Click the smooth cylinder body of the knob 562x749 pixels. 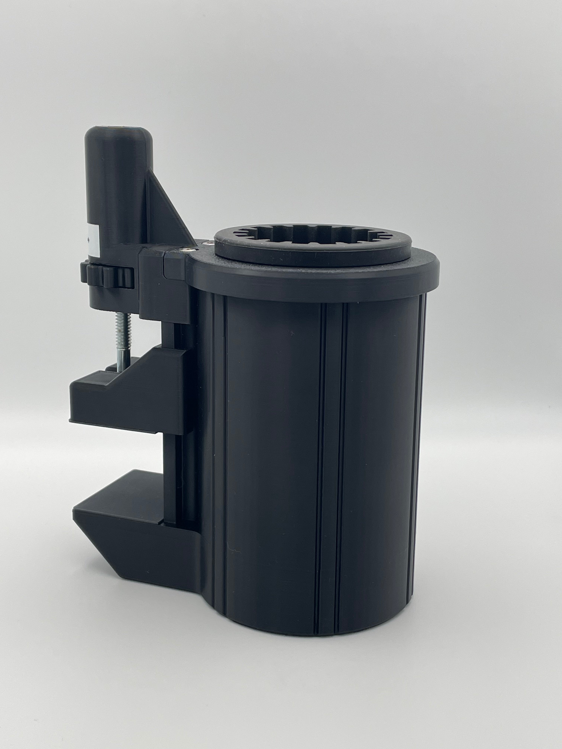pos(117,190)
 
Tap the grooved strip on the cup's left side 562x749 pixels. pos(219,440)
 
